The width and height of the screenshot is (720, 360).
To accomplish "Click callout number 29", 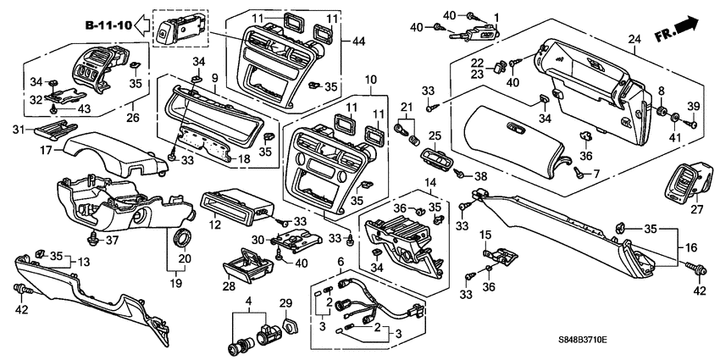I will [285, 302].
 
